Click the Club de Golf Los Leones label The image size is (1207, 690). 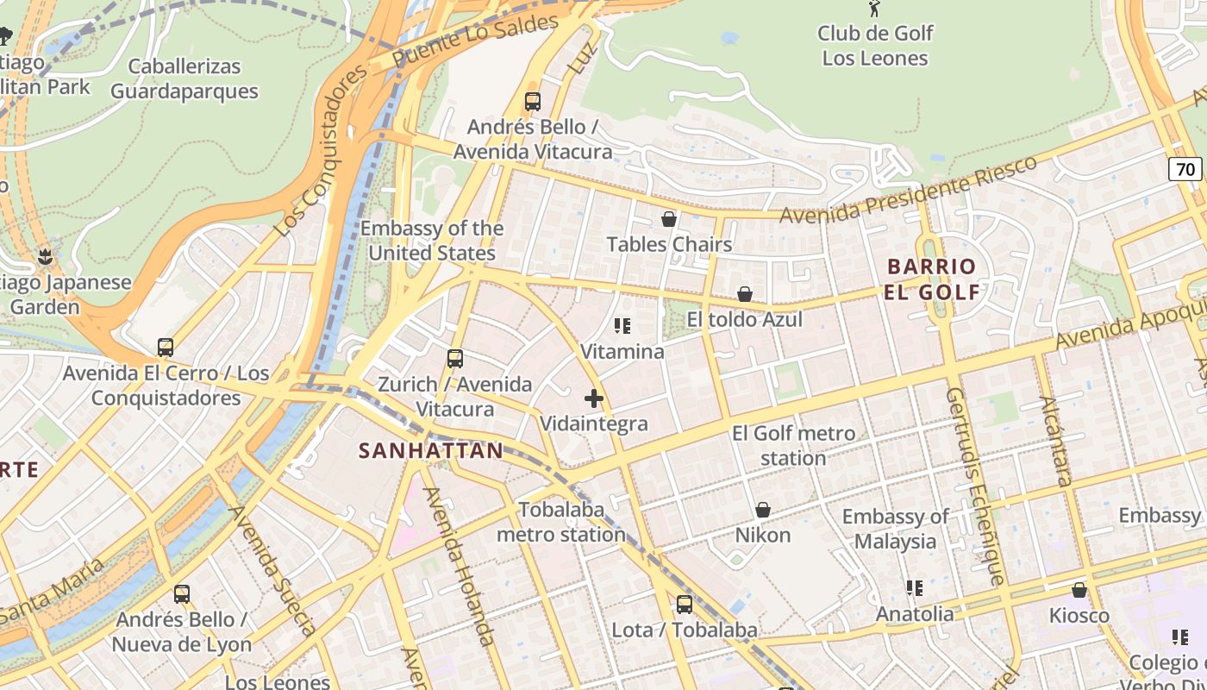coord(874,46)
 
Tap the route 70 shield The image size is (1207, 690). coord(1186,169)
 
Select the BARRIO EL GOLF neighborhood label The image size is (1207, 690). coord(931,279)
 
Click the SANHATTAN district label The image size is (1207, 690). coord(430,450)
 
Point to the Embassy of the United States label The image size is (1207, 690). coord(432,241)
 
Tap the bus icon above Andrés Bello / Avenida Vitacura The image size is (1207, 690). coord(533,101)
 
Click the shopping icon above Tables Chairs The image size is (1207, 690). coord(668,219)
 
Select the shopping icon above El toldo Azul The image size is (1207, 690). coord(745,294)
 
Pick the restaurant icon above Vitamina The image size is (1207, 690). coord(622,326)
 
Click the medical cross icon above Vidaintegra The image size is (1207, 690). coord(593,398)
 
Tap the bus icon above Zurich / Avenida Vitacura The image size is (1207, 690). coord(454,359)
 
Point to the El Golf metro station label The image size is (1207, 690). coord(793,445)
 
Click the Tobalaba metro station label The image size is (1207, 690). coord(561,522)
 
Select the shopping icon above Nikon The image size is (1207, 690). coord(762,510)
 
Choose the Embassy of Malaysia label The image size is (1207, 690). coord(895,529)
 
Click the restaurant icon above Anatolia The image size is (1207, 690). coord(915,588)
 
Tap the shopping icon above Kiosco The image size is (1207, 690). coord(1079,590)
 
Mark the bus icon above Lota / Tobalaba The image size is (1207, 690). coord(684,605)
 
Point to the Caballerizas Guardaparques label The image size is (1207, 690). coord(184,78)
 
